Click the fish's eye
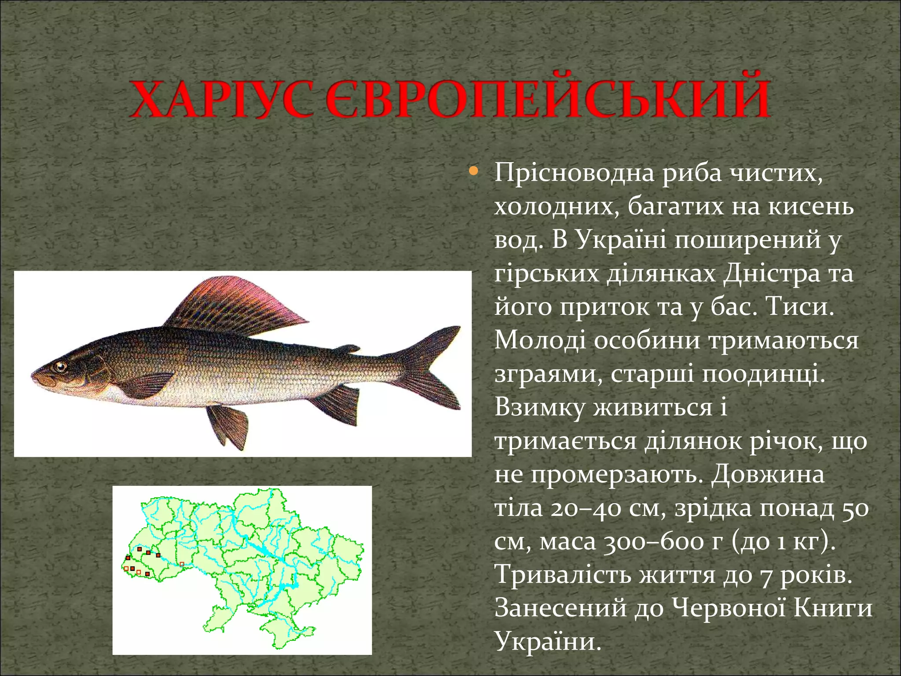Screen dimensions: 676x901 pyautogui.click(x=59, y=366)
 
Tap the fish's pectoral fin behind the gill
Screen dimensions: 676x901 pyautogui.click(x=147, y=385)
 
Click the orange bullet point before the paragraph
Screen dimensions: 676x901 pyautogui.click(x=473, y=170)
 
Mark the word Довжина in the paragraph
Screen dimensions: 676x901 pyautogui.click(x=768, y=475)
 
